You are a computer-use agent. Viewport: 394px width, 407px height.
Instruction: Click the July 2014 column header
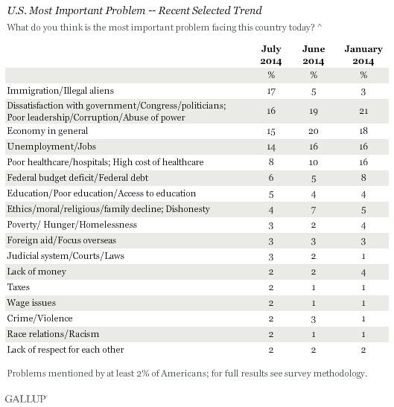tap(271, 55)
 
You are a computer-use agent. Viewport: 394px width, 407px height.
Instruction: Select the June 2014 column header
tap(314, 55)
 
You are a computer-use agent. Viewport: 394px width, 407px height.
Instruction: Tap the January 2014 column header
tap(363, 55)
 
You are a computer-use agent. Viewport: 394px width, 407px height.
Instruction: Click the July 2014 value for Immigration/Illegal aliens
tap(271, 92)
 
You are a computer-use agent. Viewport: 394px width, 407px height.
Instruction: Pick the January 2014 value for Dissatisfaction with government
tap(363, 111)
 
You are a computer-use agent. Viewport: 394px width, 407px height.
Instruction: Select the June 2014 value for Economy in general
tap(314, 131)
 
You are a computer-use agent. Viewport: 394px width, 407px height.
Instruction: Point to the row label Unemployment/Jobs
tap(51, 147)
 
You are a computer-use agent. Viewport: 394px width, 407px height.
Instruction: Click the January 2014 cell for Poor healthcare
tap(363, 162)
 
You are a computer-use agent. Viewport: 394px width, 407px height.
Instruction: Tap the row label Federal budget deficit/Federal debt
tap(77, 178)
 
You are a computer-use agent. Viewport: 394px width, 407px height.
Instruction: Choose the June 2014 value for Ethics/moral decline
tap(314, 210)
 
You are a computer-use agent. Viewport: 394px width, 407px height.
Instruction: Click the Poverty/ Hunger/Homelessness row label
tap(72, 225)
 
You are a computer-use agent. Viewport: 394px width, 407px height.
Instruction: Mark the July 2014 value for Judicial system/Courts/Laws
tap(271, 257)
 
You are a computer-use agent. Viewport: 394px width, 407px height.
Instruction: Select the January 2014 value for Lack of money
tap(363, 272)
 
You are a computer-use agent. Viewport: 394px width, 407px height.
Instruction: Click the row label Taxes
tap(18, 287)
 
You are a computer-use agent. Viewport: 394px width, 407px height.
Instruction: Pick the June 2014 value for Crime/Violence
tap(314, 319)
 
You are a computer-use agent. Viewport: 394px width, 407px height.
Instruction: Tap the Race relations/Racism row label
tap(53, 334)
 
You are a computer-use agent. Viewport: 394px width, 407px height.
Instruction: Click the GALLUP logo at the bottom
tap(26, 399)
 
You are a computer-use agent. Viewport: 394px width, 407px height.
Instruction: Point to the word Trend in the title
tap(247, 10)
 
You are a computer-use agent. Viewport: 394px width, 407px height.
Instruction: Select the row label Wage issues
tap(31, 303)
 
